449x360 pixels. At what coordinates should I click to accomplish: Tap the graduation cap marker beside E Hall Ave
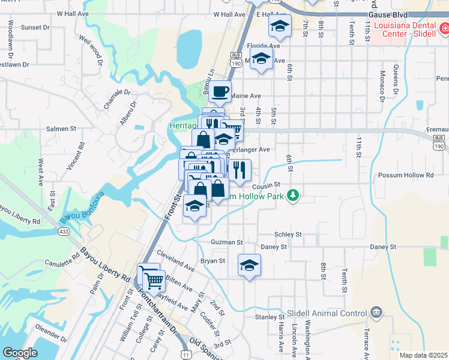pyautogui.click(x=279, y=26)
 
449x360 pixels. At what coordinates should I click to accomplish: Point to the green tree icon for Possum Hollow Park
pyautogui.click(x=292, y=196)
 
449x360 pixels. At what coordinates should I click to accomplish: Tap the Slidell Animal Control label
pyautogui.click(x=333, y=313)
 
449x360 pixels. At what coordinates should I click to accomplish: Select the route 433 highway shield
pyautogui.click(x=64, y=231)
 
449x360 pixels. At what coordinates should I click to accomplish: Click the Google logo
pyautogui.click(x=20, y=353)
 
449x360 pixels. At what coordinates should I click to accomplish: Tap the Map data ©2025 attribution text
pyautogui.click(x=423, y=355)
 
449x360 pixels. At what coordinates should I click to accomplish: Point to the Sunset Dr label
pyautogui.click(x=35, y=28)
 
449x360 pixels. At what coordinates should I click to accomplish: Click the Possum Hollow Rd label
pyautogui.click(x=405, y=175)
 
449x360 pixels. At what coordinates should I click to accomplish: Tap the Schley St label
pyautogui.click(x=287, y=235)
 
